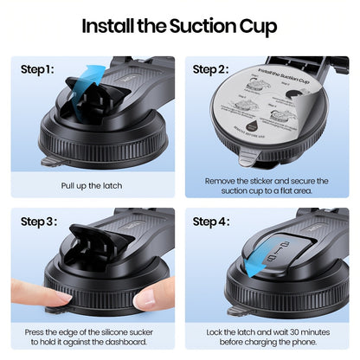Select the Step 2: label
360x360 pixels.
coord(209,68)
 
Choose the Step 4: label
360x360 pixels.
coord(209,222)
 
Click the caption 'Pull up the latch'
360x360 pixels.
coord(92,185)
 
